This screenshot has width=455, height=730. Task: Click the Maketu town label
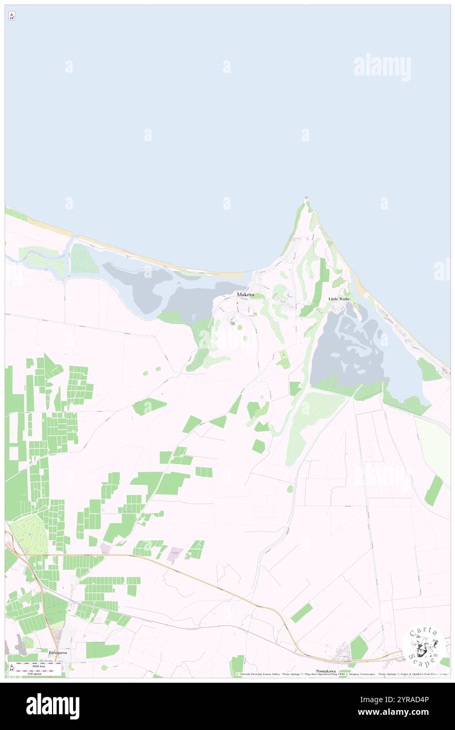pyautogui.click(x=245, y=295)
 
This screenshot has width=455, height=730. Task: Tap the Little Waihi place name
pyautogui.click(x=339, y=298)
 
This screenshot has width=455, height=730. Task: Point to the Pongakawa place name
pyautogui.click(x=326, y=671)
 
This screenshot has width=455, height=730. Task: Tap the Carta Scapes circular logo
pyautogui.click(x=424, y=647)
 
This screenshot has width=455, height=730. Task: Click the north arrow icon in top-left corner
pyautogui.click(x=12, y=16)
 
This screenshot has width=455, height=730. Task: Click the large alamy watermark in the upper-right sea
pyautogui.click(x=382, y=67)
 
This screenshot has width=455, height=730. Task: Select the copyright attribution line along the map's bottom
pyautogui.click(x=342, y=674)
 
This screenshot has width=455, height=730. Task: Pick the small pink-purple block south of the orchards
pyautogui.click(x=175, y=554)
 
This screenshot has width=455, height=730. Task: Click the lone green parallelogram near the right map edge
pyautogui.click(x=433, y=491)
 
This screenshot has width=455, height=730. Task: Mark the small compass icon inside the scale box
pyautogui.click(x=12, y=668)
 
